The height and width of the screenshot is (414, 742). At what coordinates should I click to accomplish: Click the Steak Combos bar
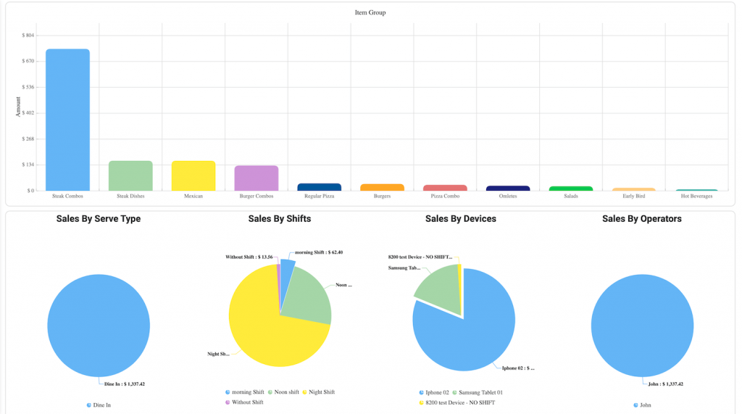click(x=67, y=120)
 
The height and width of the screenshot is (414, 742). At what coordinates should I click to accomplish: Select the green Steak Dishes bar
click(x=130, y=175)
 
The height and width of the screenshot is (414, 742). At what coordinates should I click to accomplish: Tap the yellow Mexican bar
click(x=193, y=175)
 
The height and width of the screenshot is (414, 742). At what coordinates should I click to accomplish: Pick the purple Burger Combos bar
click(x=256, y=178)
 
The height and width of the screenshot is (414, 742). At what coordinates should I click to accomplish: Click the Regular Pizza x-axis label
click(x=319, y=196)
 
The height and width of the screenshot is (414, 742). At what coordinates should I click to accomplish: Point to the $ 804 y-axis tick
click(x=28, y=35)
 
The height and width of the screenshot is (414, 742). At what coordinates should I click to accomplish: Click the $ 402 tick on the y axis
click(x=28, y=113)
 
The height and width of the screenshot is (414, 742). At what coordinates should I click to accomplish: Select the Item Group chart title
click(x=370, y=12)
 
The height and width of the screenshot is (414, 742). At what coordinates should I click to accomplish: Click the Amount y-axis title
click(x=18, y=107)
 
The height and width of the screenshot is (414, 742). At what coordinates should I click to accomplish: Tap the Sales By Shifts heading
click(x=279, y=218)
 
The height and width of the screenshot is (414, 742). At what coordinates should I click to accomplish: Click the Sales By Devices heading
click(x=460, y=218)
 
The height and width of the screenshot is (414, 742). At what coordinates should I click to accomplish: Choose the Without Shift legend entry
click(x=247, y=402)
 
